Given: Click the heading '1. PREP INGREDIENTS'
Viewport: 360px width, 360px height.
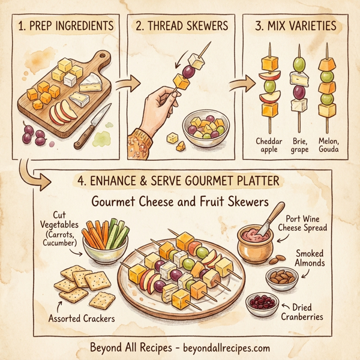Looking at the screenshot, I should [x=65, y=27].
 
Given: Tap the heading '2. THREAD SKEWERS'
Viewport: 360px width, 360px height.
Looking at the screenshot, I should [x=182, y=27].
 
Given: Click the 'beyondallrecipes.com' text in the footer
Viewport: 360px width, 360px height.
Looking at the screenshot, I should [x=218, y=347].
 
